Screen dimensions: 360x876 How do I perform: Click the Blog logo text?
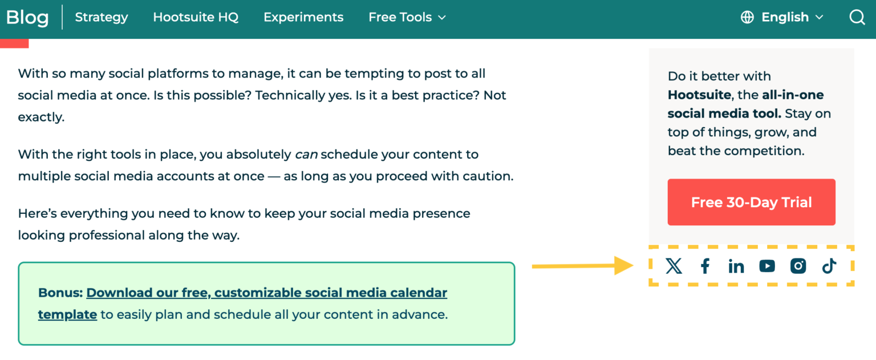[27, 18]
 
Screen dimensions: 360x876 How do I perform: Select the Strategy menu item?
[102, 18]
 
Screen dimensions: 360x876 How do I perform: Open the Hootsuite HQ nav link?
[196, 18]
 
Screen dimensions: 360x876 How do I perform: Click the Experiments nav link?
[303, 18]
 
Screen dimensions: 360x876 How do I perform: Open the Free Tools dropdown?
[407, 18]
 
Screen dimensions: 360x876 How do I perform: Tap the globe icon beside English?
[747, 18]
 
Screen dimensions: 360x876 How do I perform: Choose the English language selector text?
[785, 18]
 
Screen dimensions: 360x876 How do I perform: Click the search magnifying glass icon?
[857, 18]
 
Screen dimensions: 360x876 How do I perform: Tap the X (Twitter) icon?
[674, 266]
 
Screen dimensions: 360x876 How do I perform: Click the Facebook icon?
[705, 266]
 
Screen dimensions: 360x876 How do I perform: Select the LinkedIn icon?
[736, 266]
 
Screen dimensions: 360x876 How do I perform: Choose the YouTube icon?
[767, 266]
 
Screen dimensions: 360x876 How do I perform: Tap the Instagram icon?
[798, 266]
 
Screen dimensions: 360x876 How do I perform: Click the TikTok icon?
[829, 266]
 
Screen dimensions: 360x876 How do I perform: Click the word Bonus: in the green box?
[60, 293]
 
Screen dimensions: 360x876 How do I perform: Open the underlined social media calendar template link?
[266, 293]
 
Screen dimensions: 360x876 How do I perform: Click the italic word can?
[306, 155]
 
